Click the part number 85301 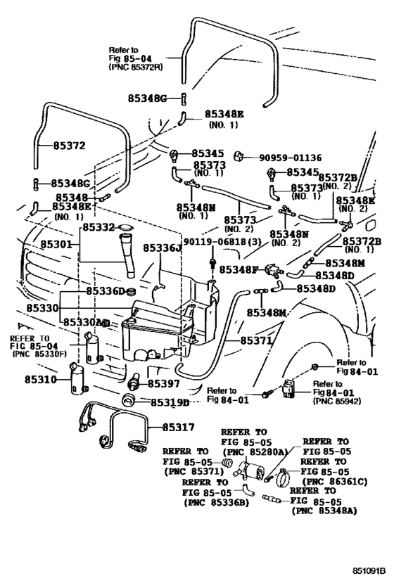(x=56, y=244)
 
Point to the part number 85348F (x=239, y=269)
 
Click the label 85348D (x=336, y=288)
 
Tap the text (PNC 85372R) (x=136, y=69)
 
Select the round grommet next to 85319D (x=129, y=402)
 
